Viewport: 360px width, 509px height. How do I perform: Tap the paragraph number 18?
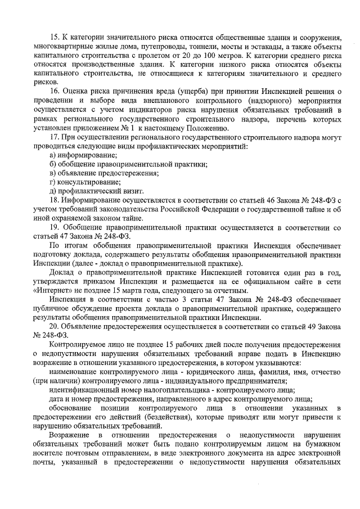click(x=55, y=200)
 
